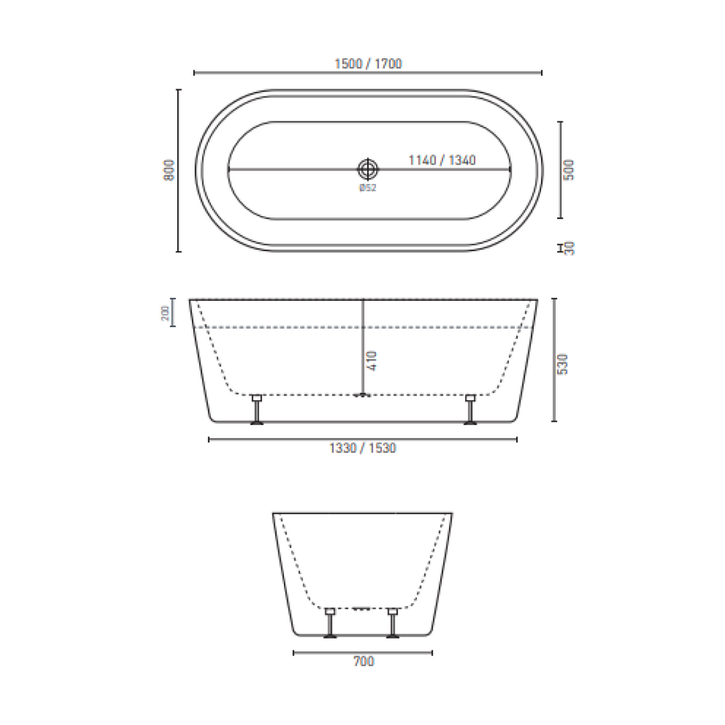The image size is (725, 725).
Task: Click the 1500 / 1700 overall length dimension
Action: [x=367, y=64]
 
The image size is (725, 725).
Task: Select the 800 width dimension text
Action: [x=169, y=171]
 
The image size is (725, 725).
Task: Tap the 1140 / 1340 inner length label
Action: [x=441, y=160]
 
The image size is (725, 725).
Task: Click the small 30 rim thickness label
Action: [x=571, y=248]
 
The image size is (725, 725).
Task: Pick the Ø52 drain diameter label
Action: [x=367, y=188]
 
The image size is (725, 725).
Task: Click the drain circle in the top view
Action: [x=368, y=169]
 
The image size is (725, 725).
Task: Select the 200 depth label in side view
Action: [x=164, y=312]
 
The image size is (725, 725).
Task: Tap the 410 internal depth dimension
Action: [x=373, y=361]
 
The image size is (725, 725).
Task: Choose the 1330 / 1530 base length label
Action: [x=362, y=448]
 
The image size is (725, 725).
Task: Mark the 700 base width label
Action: [x=363, y=662]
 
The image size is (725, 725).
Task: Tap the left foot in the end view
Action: [x=330, y=622]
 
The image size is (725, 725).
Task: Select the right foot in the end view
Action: [x=392, y=622]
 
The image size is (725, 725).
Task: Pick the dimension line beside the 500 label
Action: [x=560, y=170]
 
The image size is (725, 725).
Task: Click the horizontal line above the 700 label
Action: [x=362, y=652]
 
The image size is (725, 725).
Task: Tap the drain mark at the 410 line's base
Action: [x=362, y=395]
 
